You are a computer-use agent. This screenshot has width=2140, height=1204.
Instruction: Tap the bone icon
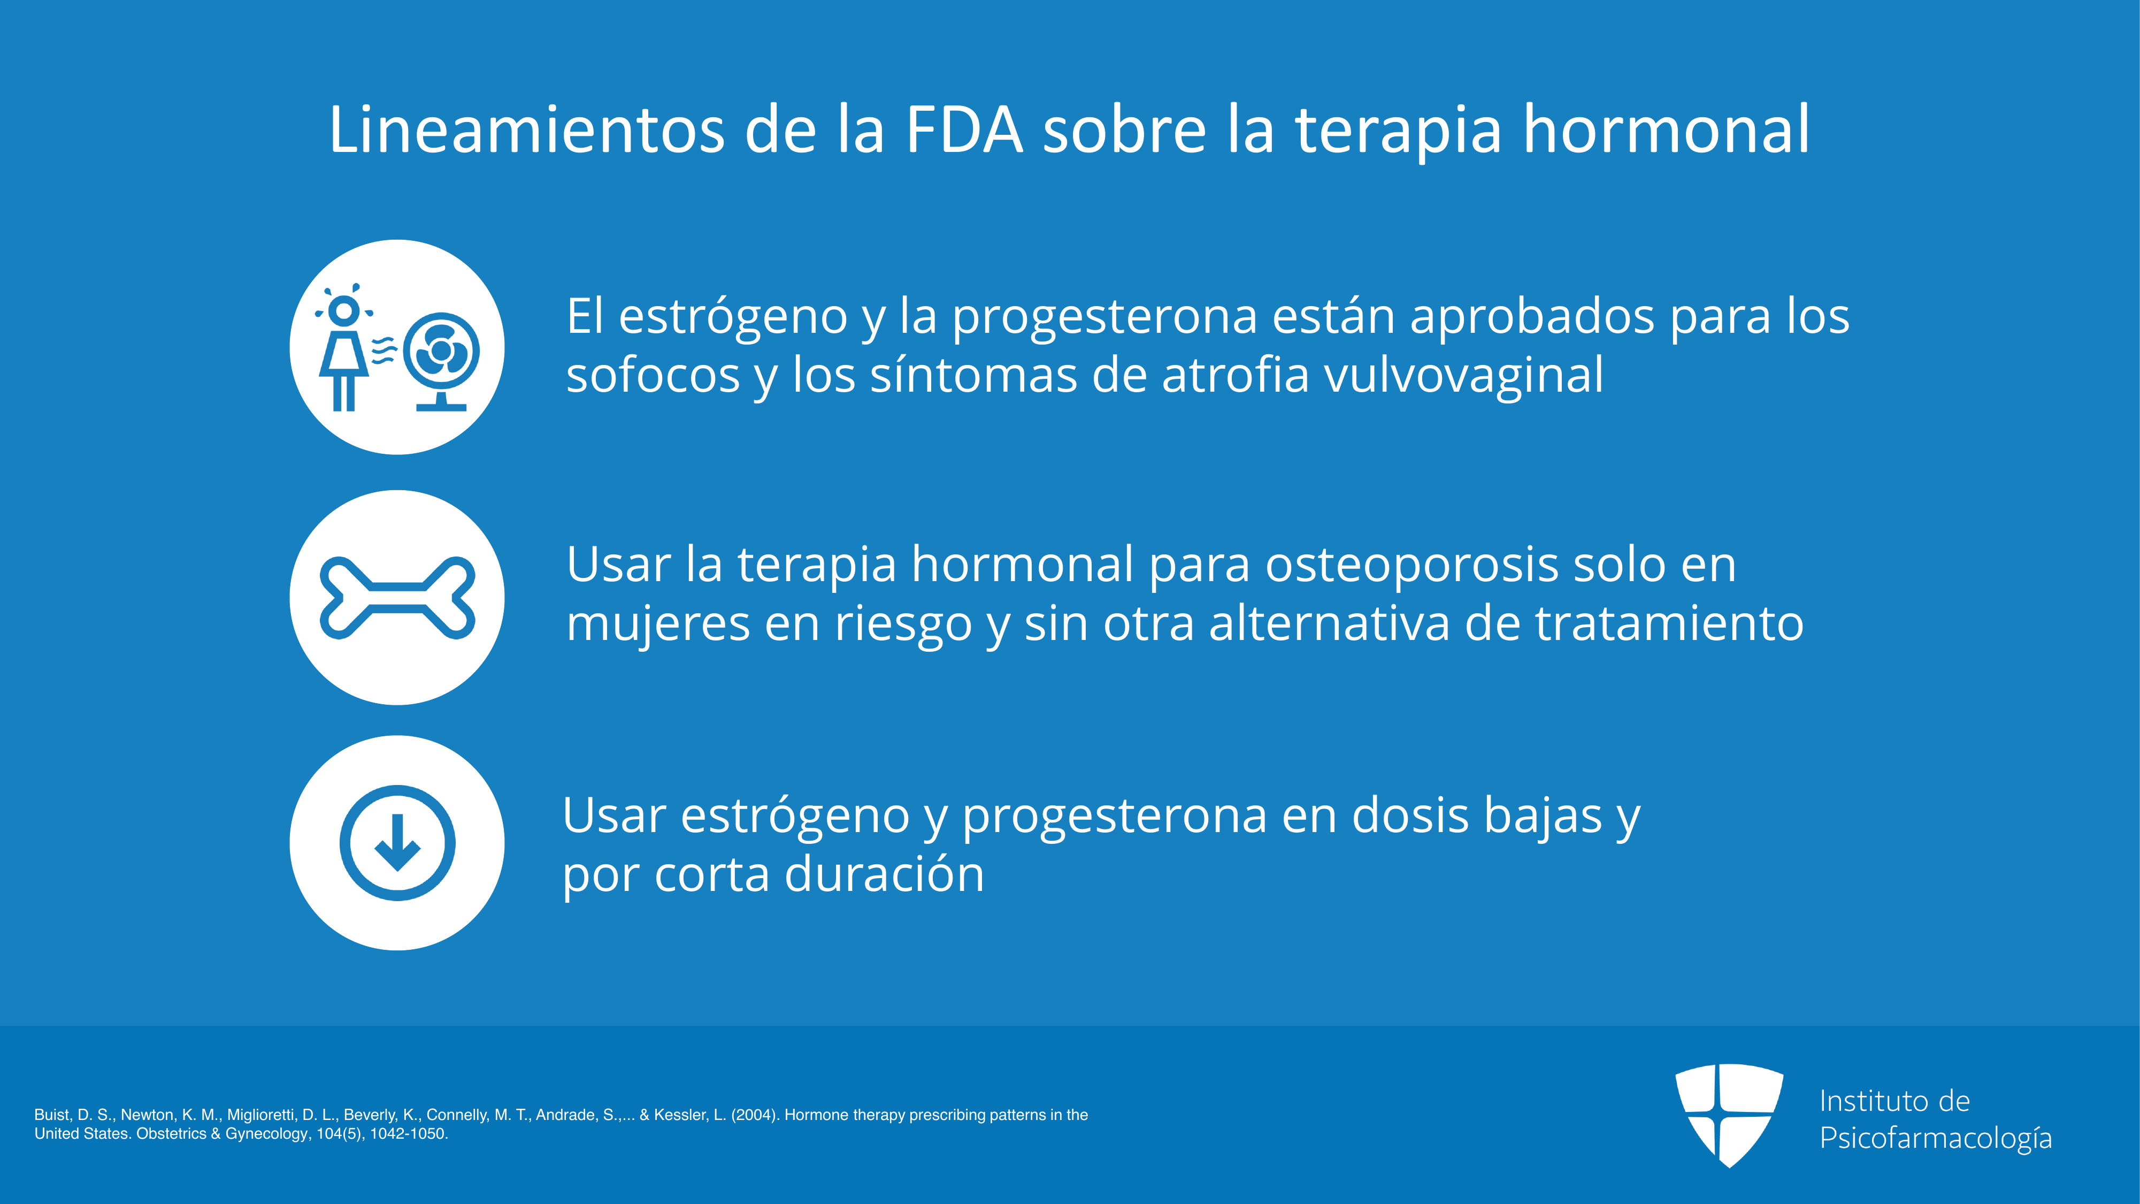coord(397,597)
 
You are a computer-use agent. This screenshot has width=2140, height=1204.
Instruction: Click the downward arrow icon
coord(397,843)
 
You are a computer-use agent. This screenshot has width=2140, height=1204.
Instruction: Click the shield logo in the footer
coord(1729,1115)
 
